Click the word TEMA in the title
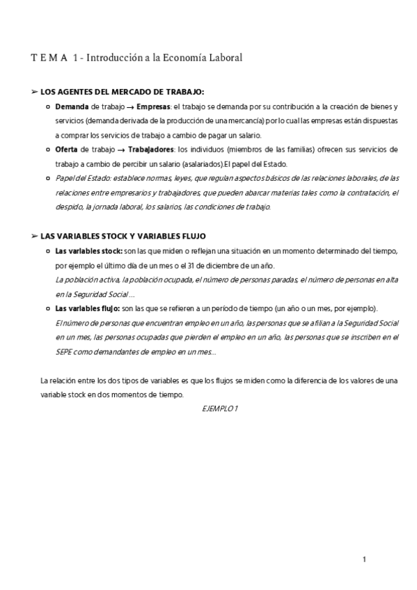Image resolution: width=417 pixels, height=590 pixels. (49, 58)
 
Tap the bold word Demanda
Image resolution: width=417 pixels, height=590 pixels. (72, 106)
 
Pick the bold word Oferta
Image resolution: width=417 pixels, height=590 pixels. (67, 150)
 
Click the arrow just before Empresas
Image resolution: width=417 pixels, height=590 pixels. (130, 107)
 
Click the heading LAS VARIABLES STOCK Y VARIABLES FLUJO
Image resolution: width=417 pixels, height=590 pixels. (128, 237)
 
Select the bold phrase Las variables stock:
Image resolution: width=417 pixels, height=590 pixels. (88, 251)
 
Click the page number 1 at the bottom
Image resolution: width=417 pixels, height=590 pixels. (364, 559)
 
